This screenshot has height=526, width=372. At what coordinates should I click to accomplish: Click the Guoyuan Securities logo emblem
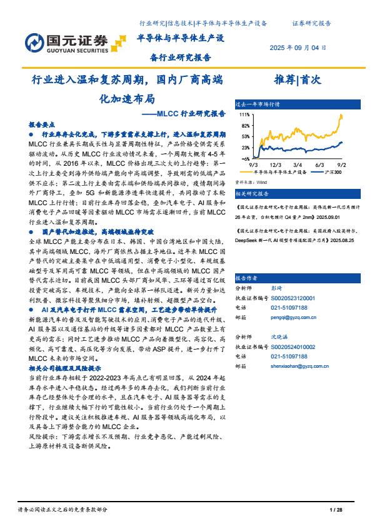[x=35, y=42]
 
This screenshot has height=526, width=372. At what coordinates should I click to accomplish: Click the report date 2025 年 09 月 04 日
[x=298, y=47]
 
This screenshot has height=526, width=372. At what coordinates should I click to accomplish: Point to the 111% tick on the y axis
[x=244, y=115]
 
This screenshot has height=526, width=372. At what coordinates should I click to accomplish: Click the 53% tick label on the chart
[x=244, y=136]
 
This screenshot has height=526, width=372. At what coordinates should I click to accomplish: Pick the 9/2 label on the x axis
[x=341, y=164]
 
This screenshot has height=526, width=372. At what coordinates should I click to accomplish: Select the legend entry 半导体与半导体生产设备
[x=280, y=171]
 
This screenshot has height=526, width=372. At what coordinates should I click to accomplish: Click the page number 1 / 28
[x=336, y=512]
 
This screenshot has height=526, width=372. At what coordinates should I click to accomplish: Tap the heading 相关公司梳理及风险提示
[x=65, y=369]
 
